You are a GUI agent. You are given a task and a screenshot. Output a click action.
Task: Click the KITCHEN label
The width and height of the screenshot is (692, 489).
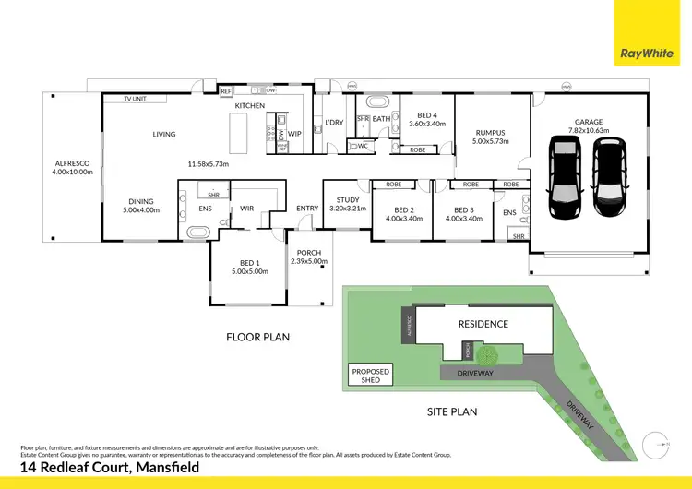(249, 107)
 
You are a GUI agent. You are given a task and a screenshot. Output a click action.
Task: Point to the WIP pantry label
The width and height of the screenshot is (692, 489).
(294, 135)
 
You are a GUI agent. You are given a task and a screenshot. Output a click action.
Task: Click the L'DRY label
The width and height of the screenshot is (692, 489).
(333, 123)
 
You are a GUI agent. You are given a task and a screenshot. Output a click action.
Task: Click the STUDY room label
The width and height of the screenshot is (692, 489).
(347, 199)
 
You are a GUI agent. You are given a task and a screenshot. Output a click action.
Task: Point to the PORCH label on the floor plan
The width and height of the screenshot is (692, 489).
(308, 252)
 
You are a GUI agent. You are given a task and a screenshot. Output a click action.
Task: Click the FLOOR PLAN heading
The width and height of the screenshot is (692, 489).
(257, 338)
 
